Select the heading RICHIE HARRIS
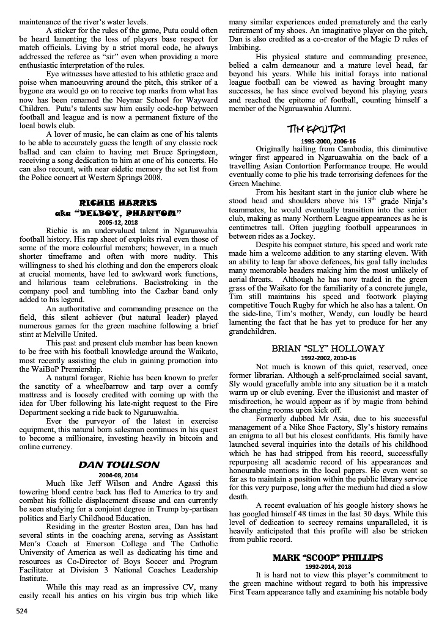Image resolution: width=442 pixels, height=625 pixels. coord(119,202)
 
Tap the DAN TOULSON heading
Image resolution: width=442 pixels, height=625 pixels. coord(119,464)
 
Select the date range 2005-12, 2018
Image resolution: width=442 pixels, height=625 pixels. coord(119,222)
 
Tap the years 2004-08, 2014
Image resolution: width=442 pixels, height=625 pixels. coord(119,474)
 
